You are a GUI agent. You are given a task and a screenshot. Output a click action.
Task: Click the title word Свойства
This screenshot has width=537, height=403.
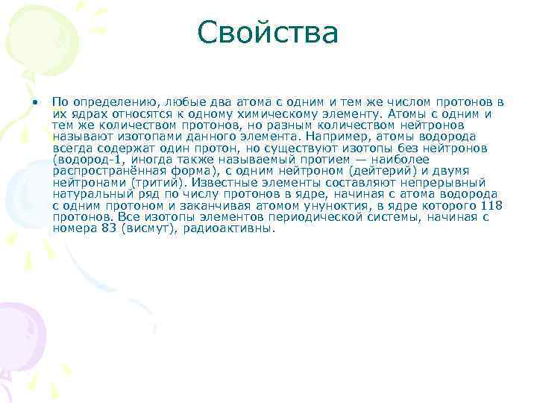[x=268, y=33]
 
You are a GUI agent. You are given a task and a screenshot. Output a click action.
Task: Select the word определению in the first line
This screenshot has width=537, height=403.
[x=114, y=101]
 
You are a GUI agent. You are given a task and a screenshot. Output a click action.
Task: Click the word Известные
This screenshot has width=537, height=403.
[x=230, y=183]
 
